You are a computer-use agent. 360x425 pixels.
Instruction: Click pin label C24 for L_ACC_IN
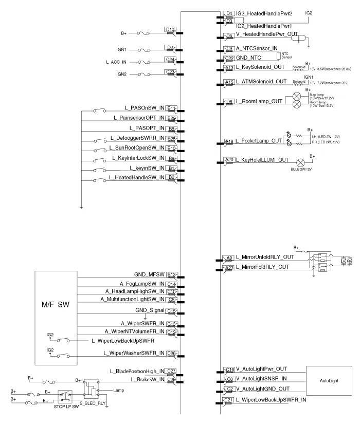click(x=171, y=60)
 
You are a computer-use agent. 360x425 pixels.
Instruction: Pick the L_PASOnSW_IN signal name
click(x=145, y=108)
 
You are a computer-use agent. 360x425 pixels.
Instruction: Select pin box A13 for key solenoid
click(x=229, y=68)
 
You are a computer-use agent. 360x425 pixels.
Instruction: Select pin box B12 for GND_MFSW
click(x=172, y=274)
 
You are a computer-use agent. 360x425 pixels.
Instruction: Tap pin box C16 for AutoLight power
click(x=229, y=369)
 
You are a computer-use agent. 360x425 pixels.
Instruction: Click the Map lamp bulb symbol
click(x=297, y=97)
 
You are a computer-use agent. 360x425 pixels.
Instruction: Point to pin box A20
click(x=229, y=160)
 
